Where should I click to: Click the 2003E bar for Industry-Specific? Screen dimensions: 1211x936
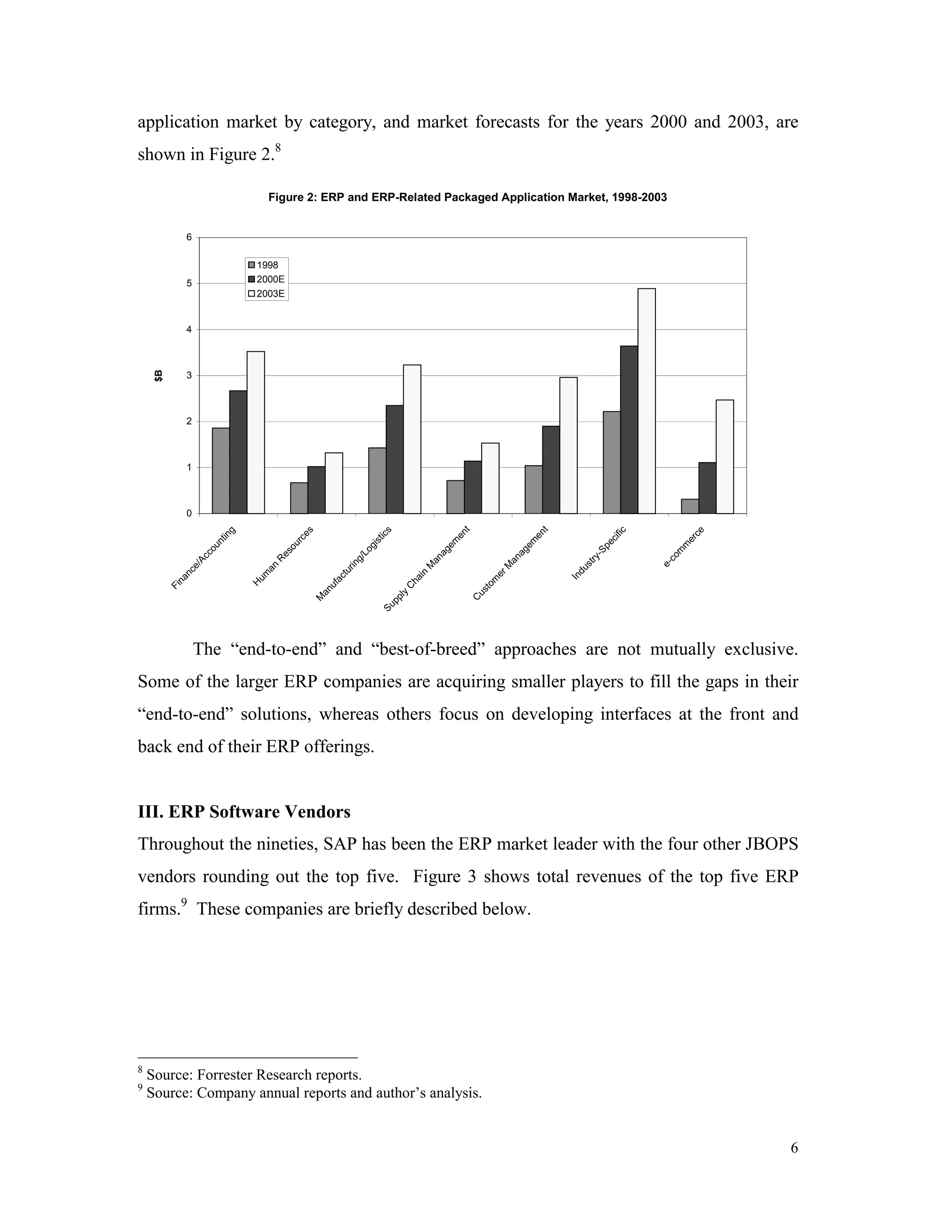647,401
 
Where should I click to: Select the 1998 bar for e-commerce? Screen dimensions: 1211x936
690,506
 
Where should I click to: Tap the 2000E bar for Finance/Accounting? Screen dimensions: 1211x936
239,452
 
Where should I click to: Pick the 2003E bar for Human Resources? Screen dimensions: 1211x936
334,483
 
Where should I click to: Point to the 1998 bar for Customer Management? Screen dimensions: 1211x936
533,489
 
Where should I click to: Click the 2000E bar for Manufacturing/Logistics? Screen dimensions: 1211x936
395,459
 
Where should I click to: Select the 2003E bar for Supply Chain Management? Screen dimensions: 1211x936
490,478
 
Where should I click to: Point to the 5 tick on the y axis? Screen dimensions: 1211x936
189,283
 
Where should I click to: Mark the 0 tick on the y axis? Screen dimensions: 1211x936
189,514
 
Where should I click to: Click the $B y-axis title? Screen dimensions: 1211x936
159,375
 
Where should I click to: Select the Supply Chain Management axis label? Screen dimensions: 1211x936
427,569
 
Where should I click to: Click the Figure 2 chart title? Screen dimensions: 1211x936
468,197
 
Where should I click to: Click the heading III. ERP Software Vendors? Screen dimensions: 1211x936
244,812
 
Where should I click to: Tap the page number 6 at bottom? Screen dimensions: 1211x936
794,1148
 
